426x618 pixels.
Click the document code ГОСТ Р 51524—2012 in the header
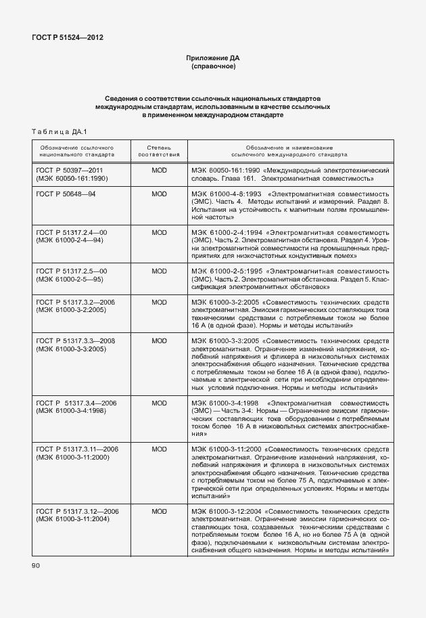point(68,37)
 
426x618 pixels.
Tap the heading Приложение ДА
point(213,58)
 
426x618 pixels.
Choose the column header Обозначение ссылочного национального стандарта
point(76,150)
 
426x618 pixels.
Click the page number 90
point(36,565)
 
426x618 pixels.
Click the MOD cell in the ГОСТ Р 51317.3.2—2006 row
point(159,302)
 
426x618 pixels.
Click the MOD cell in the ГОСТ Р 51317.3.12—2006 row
point(159,511)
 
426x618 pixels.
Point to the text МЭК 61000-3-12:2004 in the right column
point(227,511)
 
